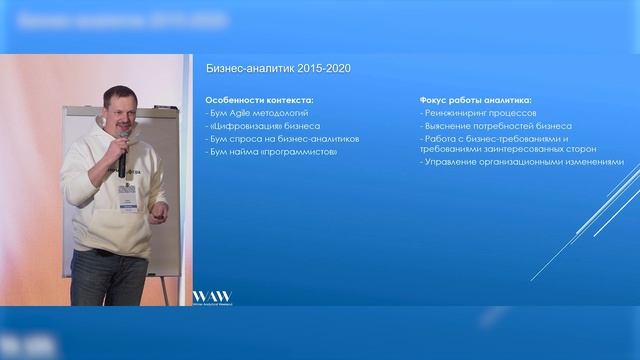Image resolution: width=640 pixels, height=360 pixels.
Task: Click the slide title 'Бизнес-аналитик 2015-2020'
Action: coord(278,68)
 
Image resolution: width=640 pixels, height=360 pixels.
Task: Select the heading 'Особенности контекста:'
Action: coord(259,101)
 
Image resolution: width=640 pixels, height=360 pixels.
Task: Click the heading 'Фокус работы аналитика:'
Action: coord(476,101)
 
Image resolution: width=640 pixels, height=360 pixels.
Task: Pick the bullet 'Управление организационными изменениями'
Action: coord(522,162)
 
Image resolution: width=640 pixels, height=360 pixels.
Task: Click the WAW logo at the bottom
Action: coord(211,297)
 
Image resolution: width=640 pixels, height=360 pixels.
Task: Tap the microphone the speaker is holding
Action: coord(121,160)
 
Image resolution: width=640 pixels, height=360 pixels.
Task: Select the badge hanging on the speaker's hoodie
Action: coord(127,203)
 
